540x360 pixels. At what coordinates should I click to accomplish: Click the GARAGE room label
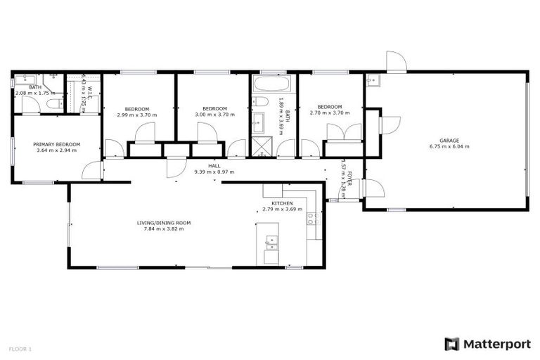tap(449, 140)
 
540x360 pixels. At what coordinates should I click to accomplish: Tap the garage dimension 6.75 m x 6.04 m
tap(449, 146)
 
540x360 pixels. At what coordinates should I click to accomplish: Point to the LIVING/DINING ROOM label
tap(164, 223)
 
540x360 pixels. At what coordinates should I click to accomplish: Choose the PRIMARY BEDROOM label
tap(57, 144)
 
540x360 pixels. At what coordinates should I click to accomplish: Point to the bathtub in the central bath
tap(268, 85)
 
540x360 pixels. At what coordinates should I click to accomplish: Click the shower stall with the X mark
tap(260, 148)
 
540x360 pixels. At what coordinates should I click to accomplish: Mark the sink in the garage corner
tap(373, 79)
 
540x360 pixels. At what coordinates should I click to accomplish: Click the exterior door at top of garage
tap(396, 62)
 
